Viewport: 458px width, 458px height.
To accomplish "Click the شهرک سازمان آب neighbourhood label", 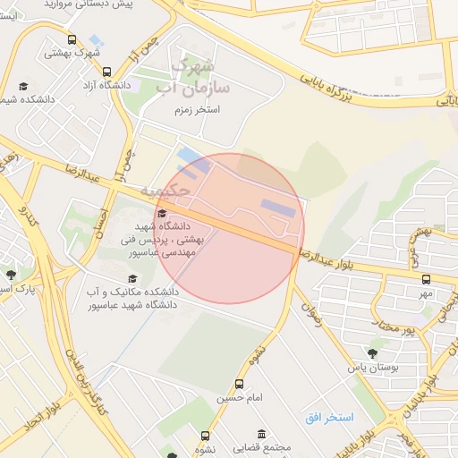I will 193,76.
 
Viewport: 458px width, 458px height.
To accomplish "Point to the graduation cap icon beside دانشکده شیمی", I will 24,86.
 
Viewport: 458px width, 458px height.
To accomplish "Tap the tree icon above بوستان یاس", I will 372,353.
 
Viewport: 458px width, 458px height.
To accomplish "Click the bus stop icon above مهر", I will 426,280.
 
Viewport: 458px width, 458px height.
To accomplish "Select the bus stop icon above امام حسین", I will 239,383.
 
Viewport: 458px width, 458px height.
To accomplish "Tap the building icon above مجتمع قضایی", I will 260,433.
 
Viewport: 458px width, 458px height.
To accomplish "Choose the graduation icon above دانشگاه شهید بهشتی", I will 162,213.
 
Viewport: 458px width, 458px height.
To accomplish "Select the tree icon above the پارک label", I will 11,275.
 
